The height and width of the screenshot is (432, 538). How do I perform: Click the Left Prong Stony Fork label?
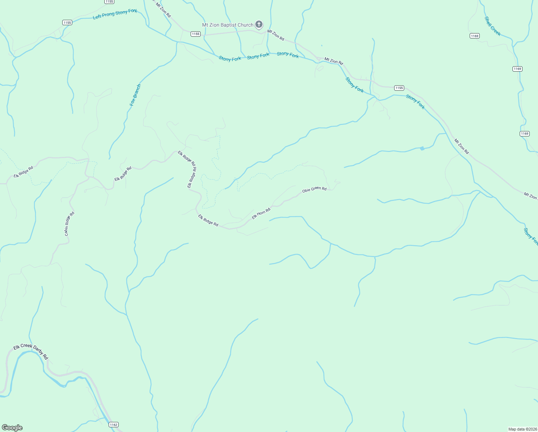coord(115,14)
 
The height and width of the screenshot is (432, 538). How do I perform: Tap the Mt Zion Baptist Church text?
coord(228,25)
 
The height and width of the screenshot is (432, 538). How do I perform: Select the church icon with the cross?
coord(259,24)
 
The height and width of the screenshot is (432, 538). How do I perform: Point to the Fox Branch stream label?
coord(135,95)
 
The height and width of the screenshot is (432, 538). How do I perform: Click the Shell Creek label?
coord(492,26)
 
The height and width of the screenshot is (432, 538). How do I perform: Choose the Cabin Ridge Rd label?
coord(69,224)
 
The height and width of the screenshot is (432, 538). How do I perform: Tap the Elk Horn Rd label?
coord(261,213)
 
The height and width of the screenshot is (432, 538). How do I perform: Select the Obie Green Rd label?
coord(314,189)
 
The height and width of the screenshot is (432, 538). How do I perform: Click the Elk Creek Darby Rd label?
coord(31,351)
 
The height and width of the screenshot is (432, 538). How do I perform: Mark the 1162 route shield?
coord(114,425)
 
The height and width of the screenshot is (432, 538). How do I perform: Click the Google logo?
coord(12,428)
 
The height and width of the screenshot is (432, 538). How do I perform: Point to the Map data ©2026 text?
coord(522,429)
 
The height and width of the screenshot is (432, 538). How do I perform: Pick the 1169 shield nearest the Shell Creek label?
coord(474,36)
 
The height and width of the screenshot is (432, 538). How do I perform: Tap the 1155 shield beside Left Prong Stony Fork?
coord(67,22)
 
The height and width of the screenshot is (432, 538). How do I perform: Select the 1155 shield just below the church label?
coord(195,34)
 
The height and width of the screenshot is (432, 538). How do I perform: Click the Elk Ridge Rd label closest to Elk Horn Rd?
coord(208,220)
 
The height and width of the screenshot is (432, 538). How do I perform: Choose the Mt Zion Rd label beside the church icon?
coord(275,35)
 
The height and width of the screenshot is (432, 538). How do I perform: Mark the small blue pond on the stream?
coord(422,148)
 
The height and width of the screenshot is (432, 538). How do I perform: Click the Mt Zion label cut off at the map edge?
coord(530,196)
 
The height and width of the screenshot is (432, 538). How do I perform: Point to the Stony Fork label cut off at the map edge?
coord(531,236)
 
